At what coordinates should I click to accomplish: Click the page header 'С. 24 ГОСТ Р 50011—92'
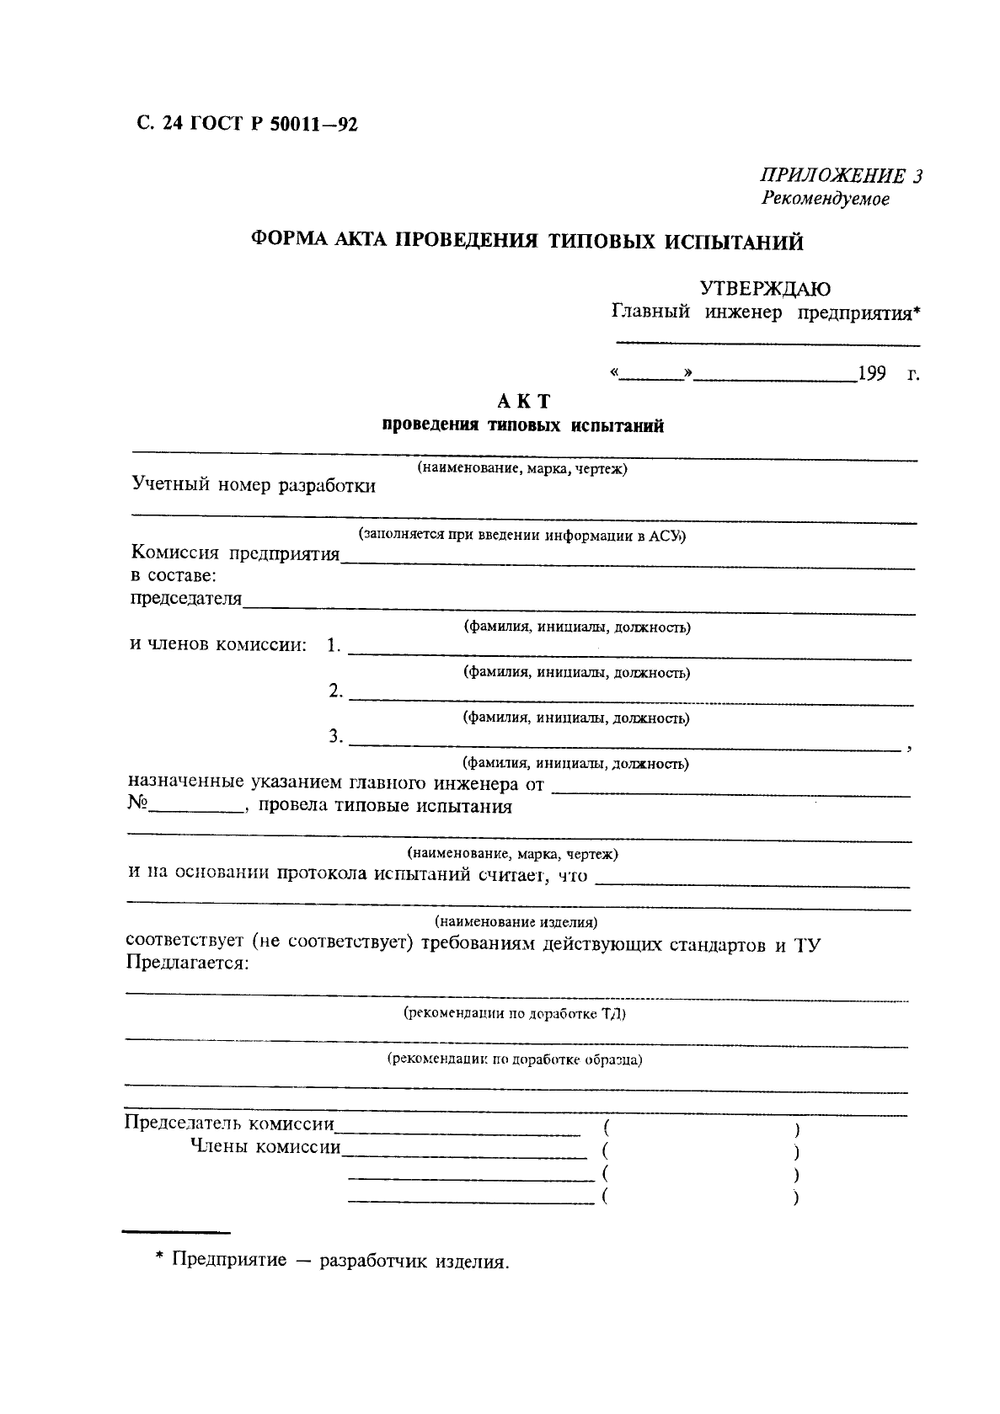(246, 125)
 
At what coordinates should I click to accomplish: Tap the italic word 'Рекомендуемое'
(825, 200)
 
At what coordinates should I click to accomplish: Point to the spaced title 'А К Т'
(522, 402)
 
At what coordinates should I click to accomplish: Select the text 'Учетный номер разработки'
(254, 486)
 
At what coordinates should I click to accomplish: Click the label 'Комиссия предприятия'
(235, 553)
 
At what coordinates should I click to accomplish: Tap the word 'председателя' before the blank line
(185, 599)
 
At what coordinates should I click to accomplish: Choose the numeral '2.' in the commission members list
(335, 691)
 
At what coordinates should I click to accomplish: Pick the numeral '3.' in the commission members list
(335, 737)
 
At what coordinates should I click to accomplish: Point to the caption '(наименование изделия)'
(516, 921)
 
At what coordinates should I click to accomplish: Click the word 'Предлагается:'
(187, 963)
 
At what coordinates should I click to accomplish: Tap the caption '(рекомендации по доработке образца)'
(514, 1059)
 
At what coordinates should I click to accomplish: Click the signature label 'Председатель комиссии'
(229, 1123)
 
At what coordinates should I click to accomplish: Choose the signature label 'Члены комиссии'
(265, 1146)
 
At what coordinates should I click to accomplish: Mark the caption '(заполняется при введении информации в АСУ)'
(522, 535)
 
